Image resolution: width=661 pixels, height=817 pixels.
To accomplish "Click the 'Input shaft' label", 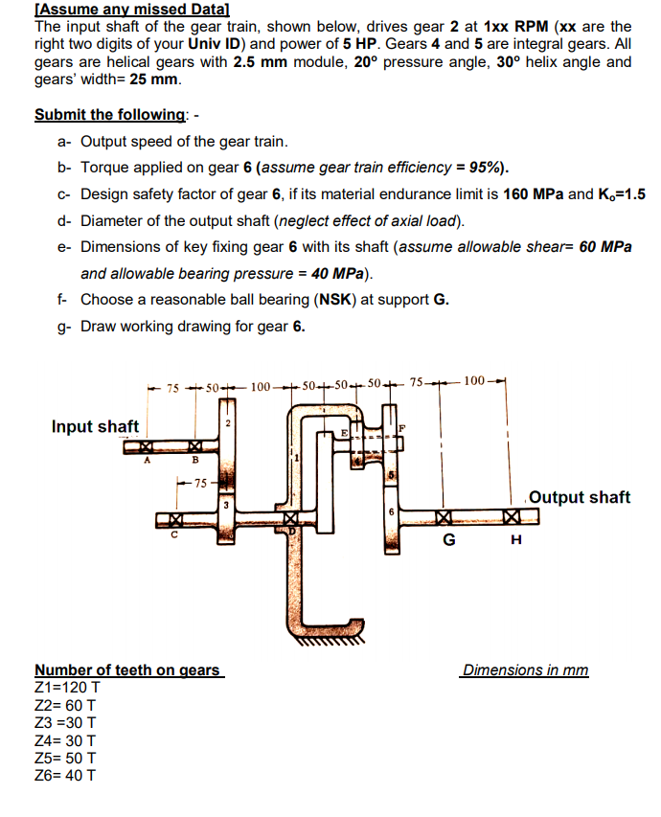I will pyautogui.click(x=95, y=426).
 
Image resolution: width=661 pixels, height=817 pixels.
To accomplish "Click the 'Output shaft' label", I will pyautogui.click(x=580, y=496).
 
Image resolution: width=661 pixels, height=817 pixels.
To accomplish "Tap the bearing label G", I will pyautogui.click(x=446, y=540).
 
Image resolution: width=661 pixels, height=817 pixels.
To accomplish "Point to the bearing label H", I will pyautogui.click(x=516, y=540).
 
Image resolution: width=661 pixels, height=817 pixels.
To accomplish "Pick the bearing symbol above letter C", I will pyautogui.click(x=175, y=521).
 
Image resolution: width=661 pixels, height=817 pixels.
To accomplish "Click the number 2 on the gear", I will pyautogui.click(x=228, y=422).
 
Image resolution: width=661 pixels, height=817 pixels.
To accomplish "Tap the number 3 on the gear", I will pyautogui.click(x=227, y=503).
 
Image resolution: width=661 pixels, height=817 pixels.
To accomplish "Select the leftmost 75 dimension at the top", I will pyautogui.click(x=172, y=388).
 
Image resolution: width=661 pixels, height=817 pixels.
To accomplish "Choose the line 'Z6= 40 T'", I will pyautogui.click(x=65, y=775).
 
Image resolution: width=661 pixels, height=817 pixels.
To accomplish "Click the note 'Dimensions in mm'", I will pyautogui.click(x=525, y=669).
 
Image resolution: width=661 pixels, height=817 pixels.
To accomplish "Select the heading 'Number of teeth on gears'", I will pyautogui.click(x=127, y=669).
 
